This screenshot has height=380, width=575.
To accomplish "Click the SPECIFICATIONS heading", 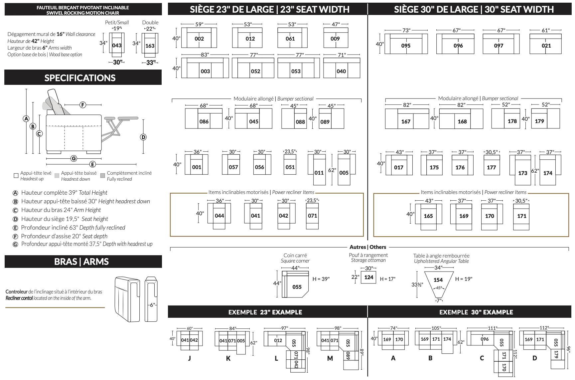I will coord(80,78).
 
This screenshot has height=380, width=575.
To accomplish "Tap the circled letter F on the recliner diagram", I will coord(83,105).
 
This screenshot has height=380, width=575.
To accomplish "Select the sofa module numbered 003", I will coord(205,71).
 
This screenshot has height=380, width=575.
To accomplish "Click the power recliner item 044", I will coord(219,216).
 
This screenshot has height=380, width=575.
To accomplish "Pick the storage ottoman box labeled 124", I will coord(368,277).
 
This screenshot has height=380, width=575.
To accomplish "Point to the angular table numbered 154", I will coord(438,280).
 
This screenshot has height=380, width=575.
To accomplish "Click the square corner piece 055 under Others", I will coord(297,286).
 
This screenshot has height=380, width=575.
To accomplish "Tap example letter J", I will coord(190,358).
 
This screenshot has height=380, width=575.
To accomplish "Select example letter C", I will coord(482,358).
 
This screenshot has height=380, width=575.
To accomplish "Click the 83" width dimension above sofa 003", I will coord(205,55).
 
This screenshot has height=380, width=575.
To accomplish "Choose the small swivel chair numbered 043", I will coord(117,45).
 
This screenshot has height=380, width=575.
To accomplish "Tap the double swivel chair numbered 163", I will coord(150,46).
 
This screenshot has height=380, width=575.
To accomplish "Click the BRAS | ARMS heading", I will coord(81,262).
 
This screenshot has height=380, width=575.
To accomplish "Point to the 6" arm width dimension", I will coord(152,305).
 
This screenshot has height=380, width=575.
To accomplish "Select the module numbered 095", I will coord(406,46).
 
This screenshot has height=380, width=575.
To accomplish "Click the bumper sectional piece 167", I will coord(406,121).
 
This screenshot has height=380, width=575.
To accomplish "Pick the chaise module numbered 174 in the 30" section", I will coord(548,173).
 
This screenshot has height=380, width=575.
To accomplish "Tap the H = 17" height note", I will coord(387,279).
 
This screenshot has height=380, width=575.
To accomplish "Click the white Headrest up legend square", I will coord(16,175).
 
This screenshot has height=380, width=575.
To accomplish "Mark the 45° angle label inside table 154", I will coord(439,288).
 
